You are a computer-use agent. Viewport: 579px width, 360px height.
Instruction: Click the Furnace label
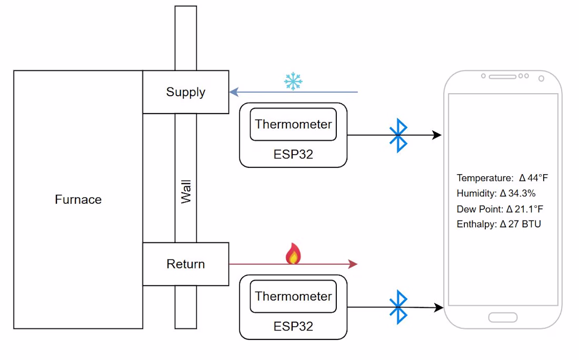point(78,199)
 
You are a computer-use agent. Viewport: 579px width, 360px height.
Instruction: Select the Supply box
point(185,92)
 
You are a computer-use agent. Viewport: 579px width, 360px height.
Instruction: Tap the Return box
point(185,264)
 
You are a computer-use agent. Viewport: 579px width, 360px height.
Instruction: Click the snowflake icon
point(293,82)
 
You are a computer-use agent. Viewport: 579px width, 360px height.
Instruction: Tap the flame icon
point(293,254)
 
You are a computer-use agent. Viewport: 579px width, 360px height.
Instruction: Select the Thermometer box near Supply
point(293,125)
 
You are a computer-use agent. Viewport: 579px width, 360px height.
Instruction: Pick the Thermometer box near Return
point(293,296)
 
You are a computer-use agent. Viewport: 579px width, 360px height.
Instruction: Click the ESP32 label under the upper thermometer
point(293,154)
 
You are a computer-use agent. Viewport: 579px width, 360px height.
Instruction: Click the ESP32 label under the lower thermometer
point(293,326)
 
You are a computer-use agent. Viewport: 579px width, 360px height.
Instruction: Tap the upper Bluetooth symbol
point(398,135)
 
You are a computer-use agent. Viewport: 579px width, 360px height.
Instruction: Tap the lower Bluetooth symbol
point(398,307)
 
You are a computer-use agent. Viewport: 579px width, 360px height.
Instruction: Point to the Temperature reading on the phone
point(502,178)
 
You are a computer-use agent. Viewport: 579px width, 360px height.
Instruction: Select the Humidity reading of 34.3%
point(496,193)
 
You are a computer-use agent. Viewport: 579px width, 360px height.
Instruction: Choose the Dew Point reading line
point(500,209)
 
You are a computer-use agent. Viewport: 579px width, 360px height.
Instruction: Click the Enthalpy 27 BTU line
point(498,224)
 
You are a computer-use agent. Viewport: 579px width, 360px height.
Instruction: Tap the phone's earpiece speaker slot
point(502,77)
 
